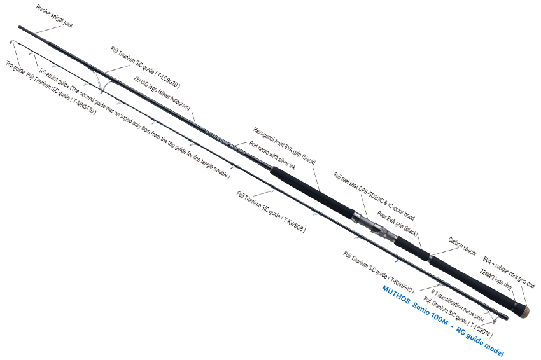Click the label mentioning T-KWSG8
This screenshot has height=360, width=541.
coord(270,211)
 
